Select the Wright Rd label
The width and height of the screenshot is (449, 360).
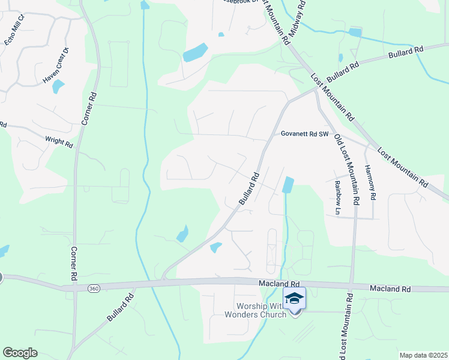pyautogui.click(x=59, y=142)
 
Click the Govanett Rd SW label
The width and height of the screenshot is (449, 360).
pyautogui.click(x=306, y=134)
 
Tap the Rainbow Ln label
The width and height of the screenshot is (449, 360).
pyautogui.click(x=337, y=198)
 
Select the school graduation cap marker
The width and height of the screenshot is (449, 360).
pyautogui.click(x=294, y=298)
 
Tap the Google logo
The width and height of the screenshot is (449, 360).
pyautogui.click(x=20, y=353)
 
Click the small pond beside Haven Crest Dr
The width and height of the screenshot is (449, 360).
pyautogui.click(x=58, y=86)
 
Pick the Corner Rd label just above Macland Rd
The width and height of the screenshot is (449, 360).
pyautogui.click(x=74, y=265)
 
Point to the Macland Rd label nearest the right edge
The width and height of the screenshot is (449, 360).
pyautogui.click(x=390, y=289)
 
